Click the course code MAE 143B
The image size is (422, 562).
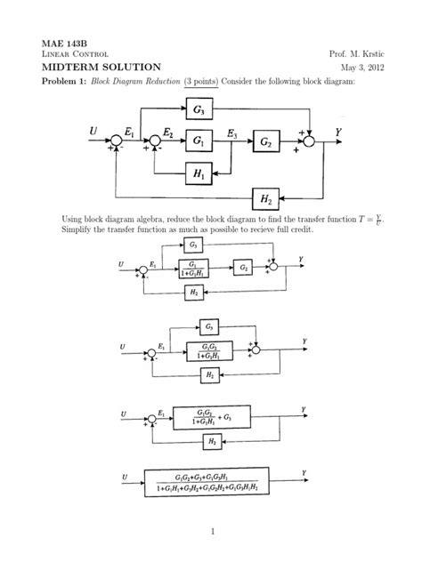(55, 43)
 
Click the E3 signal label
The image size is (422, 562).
(232, 132)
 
